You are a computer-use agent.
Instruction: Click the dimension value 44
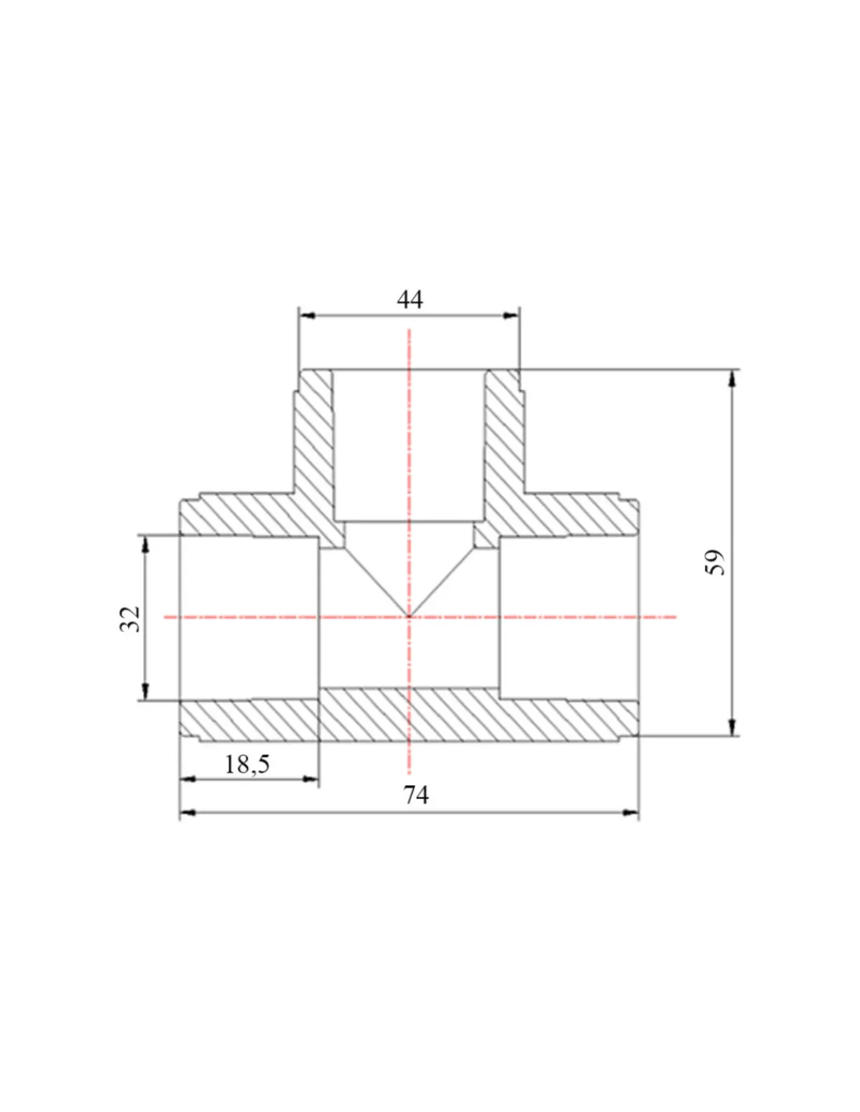410,300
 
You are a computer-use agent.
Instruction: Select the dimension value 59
715,562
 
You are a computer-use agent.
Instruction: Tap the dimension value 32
130,619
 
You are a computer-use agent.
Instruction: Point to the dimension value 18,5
247,764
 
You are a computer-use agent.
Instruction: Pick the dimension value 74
416,795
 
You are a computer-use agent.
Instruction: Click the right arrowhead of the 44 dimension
511,315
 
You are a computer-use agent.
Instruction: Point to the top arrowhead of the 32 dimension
145,544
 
